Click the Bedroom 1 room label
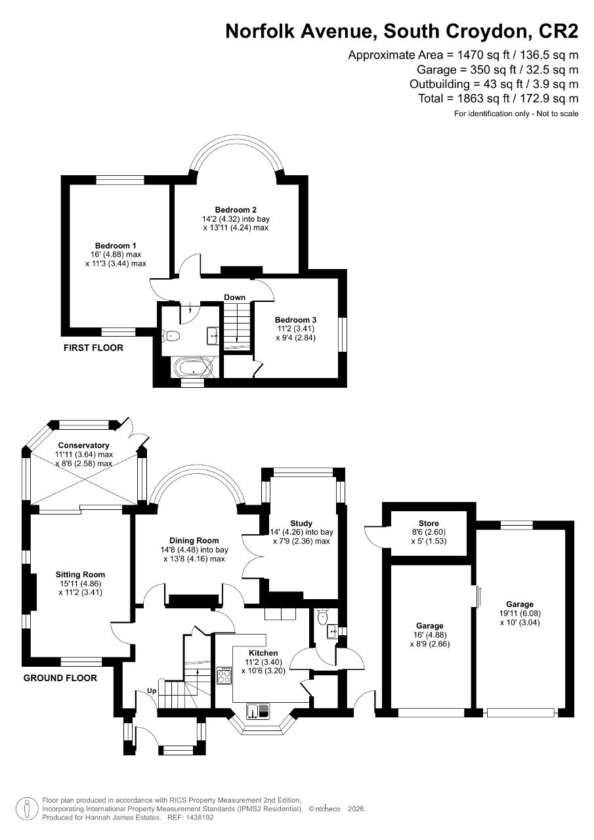pyautogui.click(x=116, y=246)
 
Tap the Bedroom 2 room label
pyautogui.click(x=236, y=210)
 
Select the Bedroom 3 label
pyautogui.click(x=295, y=320)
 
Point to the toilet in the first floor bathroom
pyautogui.click(x=171, y=335)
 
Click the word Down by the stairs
pyautogui.click(x=234, y=297)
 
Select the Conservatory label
pyautogui.click(x=83, y=446)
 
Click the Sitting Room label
pyautogui.click(x=79, y=575)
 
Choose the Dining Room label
pyautogui.click(x=194, y=541)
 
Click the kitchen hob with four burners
pyautogui.click(x=224, y=675)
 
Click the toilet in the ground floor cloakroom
pyautogui.click(x=321, y=617)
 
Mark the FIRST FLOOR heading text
pyautogui.click(x=93, y=348)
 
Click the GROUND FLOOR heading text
pyautogui.click(x=60, y=678)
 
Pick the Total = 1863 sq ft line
pyautogui.click(x=498, y=98)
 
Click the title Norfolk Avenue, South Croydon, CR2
pyautogui.click(x=402, y=31)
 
